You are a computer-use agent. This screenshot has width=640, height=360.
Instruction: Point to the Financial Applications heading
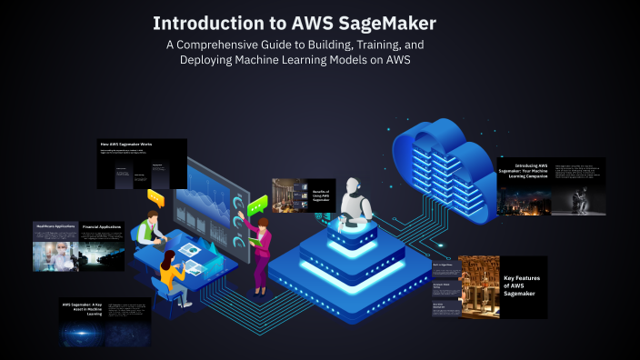pos(102,225)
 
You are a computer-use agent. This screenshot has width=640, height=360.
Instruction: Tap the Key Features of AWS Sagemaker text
pos(523,285)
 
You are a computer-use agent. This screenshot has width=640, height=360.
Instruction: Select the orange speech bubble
pos(155,195)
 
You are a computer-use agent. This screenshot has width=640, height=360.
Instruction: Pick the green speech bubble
pos(258,202)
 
